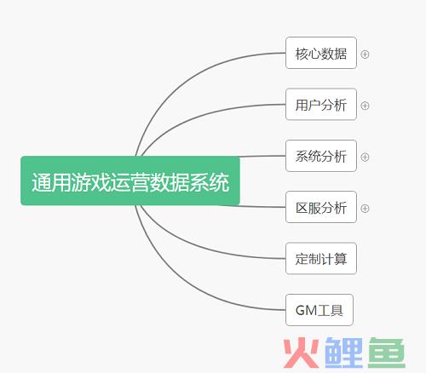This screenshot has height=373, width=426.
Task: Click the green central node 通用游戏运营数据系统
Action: (130, 181)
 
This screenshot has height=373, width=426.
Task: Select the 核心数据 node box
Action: (321, 53)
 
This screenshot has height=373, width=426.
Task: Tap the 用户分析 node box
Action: (321, 104)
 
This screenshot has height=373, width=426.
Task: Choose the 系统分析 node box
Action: (321, 156)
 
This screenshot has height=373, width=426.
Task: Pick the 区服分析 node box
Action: (321, 207)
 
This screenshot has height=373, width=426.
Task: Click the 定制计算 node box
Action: (321, 258)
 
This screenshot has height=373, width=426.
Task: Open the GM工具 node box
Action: (319, 310)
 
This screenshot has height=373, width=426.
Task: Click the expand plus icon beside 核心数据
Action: (365, 55)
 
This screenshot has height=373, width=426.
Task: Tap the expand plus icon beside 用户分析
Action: (365, 106)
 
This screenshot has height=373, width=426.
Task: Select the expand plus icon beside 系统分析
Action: (365, 157)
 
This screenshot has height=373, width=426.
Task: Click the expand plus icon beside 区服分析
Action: (365, 209)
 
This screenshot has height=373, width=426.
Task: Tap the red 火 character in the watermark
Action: (301, 353)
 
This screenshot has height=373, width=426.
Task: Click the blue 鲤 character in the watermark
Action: (343, 353)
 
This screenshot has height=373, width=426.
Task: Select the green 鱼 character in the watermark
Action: (387, 353)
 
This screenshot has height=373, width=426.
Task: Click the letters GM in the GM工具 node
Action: (307, 310)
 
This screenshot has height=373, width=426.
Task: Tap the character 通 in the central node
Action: (41, 182)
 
